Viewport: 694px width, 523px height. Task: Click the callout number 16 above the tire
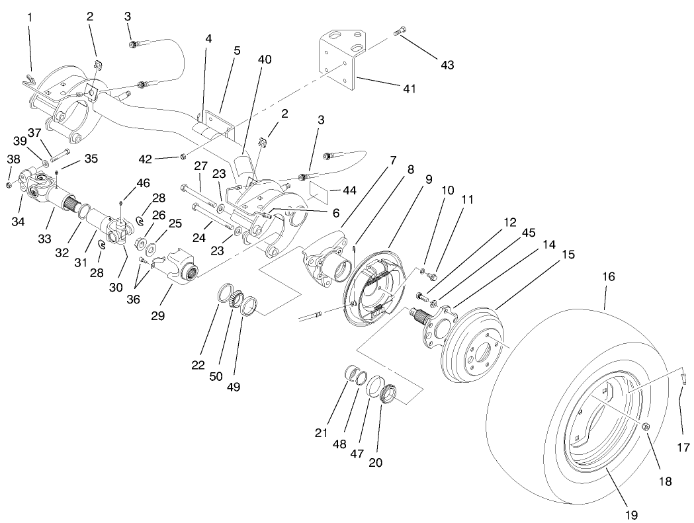608,276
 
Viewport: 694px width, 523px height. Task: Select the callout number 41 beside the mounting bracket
410,88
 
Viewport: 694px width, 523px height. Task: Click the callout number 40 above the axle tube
265,60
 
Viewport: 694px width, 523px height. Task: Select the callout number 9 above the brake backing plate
429,179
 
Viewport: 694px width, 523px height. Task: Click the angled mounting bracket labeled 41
341,60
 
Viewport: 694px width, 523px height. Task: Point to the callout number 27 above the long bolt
200,165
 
